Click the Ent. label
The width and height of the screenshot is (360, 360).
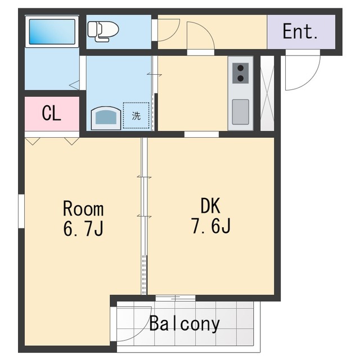tap(300, 31)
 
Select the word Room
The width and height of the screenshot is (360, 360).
tap(83, 209)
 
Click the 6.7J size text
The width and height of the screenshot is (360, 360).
tap(83, 229)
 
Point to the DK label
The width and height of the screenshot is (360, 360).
tap(209, 206)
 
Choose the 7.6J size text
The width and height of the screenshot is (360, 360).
tap(209, 227)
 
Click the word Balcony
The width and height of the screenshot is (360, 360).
tap(184, 324)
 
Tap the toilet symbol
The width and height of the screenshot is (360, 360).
tap(103, 31)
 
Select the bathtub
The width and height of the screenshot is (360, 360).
tap(52, 31)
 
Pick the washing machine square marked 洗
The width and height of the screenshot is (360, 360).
tap(136, 116)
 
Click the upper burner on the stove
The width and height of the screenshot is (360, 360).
tap(241, 67)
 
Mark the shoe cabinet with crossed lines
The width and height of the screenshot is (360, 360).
tap(267, 93)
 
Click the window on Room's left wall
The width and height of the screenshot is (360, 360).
tap(21, 211)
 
